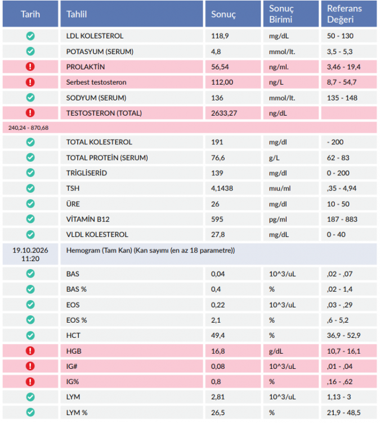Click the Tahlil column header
click(x=77, y=14)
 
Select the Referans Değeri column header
click(x=345, y=14)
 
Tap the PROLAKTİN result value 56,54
click(x=220, y=67)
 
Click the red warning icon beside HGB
click(x=30, y=351)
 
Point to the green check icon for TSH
click(x=30, y=188)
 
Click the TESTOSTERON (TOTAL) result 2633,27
click(x=224, y=113)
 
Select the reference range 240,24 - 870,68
click(x=28, y=128)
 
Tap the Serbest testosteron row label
click(x=96, y=82)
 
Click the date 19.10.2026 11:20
click(x=30, y=254)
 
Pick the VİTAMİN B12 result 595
click(x=217, y=219)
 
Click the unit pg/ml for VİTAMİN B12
click(x=278, y=219)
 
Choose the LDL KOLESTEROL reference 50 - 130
click(x=340, y=36)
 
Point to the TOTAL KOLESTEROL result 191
click(x=217, y=142)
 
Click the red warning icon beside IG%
click(x=30, y=382)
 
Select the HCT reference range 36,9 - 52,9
click(x=343, y=336)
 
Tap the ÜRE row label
click(x=73, y=204)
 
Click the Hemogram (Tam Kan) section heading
click(x=150, y=250)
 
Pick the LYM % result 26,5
click(x=218, y=413)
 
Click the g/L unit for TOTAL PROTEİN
click(x=274, y=158)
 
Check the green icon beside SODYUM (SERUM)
click(x=30, y=98)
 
